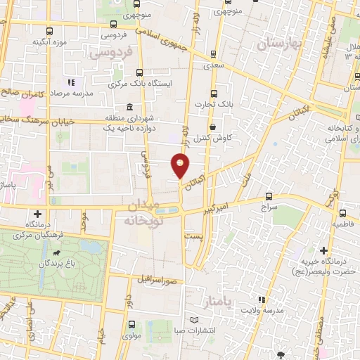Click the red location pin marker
181,166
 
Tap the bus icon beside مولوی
131,325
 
